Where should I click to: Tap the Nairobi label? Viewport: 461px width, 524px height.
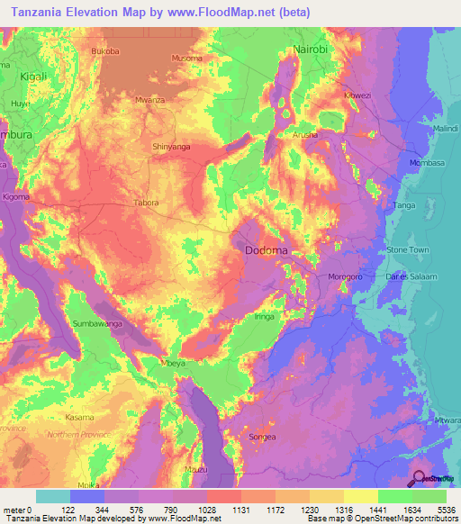(x=311, y=50)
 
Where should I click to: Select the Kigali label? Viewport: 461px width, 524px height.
(x=38, y=78)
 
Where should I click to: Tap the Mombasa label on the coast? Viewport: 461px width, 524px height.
(x=427, y=163)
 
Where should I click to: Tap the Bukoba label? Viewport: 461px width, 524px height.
(x=105, y=51)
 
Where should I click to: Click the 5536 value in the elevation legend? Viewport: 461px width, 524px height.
(x=447, y=510)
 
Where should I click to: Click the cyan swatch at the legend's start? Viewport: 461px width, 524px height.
(x=52, y=496)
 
